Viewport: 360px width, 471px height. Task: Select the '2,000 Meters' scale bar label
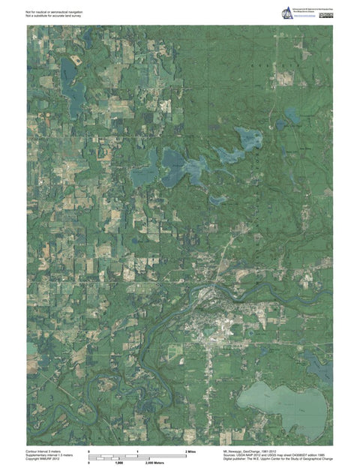[x=154, y=463]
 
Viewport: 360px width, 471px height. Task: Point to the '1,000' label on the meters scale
[x=118, y=463]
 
